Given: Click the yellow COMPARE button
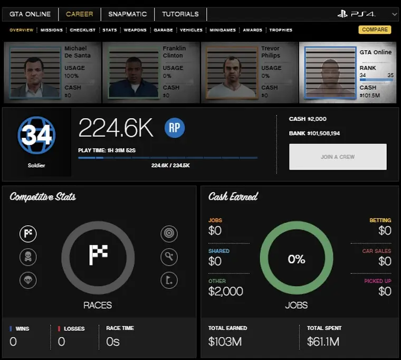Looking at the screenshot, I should (375, 30).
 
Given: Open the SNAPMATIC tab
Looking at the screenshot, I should (128, 14).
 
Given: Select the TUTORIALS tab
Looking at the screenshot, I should (180, 14).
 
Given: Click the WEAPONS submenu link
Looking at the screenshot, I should (135, 30).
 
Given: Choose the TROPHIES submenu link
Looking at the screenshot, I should (281, 30).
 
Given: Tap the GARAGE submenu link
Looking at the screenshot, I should (163, 30).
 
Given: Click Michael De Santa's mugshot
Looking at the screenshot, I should (34, 72).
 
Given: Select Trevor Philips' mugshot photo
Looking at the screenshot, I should (231, 72).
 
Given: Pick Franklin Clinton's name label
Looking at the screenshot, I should (174, 52).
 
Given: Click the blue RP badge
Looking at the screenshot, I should (175, 128).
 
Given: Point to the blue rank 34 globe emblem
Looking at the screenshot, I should (36, 136).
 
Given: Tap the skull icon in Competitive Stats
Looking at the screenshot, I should (28, 257).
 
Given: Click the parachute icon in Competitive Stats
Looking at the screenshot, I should (28, 280).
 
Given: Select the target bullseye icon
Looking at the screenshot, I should (169, 234).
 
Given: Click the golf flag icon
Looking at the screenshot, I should (169, 280).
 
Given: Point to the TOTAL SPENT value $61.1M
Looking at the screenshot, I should (323, 342).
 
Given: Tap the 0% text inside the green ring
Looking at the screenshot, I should (296, 259).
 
